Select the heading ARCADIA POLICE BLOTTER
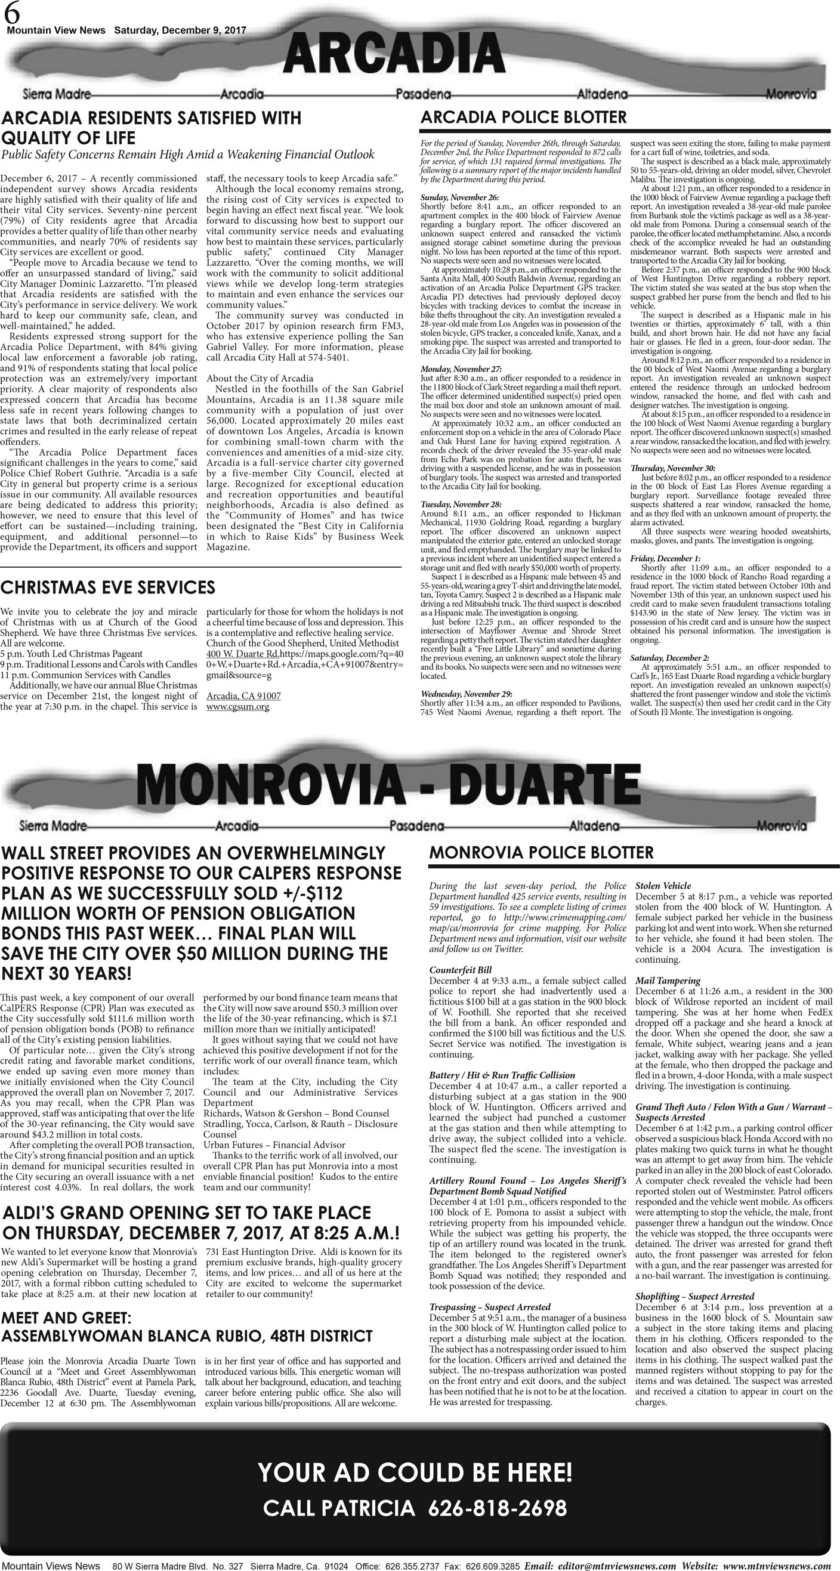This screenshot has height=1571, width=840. click(x=523, y=117)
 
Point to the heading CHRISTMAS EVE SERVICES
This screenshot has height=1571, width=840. click(x=108, y=587)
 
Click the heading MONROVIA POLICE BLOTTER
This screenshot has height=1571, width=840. click(x=541, y=852)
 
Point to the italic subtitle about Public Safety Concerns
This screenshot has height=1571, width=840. click(x=188, y=155)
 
